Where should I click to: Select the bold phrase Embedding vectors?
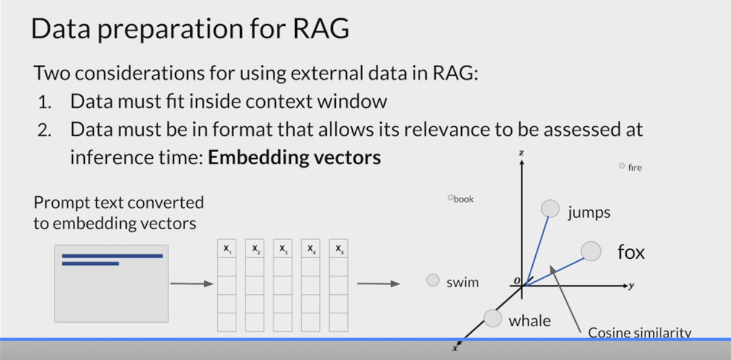point(294,158)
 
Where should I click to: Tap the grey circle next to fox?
point(590,251)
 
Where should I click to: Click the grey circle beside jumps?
point(550,208)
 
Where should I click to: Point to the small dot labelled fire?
point(622,165)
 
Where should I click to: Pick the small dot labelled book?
point(450,198)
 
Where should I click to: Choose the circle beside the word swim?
point(433,280)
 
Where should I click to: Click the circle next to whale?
point(492,318)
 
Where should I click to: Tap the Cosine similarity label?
point(639,332)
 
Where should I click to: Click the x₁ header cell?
point(227,249)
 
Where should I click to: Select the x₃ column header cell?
point(282,249)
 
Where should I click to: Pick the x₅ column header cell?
point(338,249)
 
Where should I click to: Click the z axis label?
point(521,154)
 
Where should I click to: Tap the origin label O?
point(517,281)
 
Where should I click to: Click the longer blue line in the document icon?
point(112,256)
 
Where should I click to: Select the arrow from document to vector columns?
point(192,284)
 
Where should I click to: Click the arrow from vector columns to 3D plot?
point(378,284)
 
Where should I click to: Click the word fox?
point(631,252)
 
